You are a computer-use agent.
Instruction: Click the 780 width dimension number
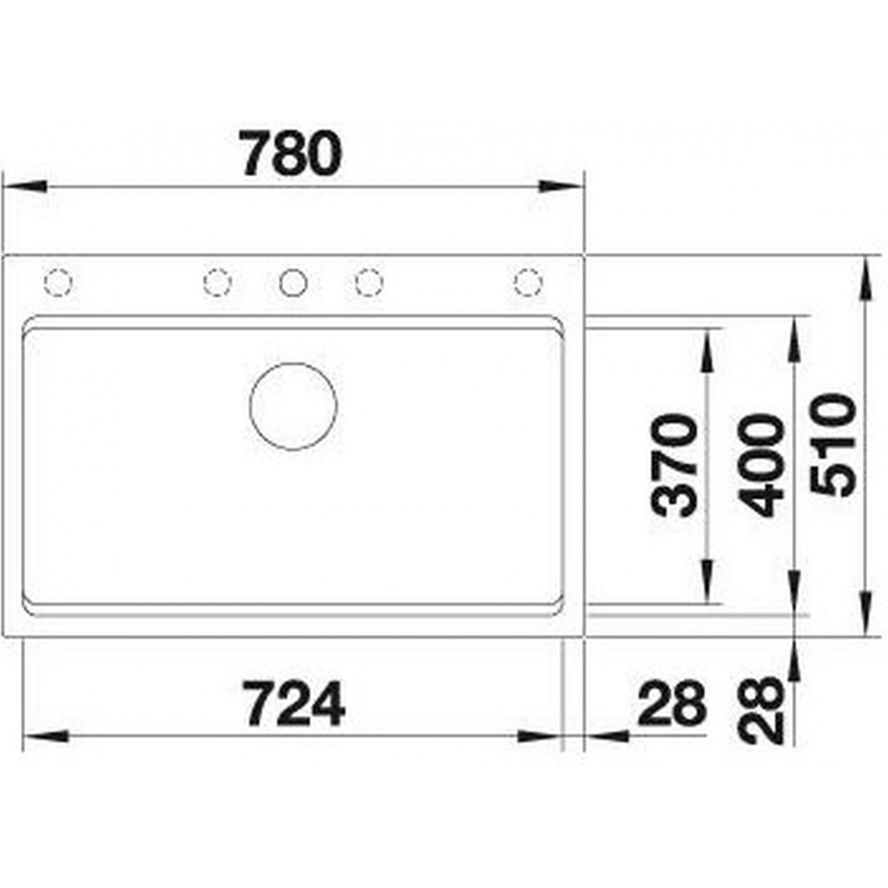tap(291, 153)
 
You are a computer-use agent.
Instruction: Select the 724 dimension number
tap(295, 704)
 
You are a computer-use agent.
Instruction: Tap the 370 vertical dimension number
tap(674, 465)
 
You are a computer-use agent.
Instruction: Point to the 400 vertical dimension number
tap(762, 465)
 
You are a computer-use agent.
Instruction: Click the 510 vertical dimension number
tap(833, 445)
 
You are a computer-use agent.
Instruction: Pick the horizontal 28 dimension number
tap(672, 703)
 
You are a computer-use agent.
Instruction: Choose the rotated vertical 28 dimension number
tap(762, 710)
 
